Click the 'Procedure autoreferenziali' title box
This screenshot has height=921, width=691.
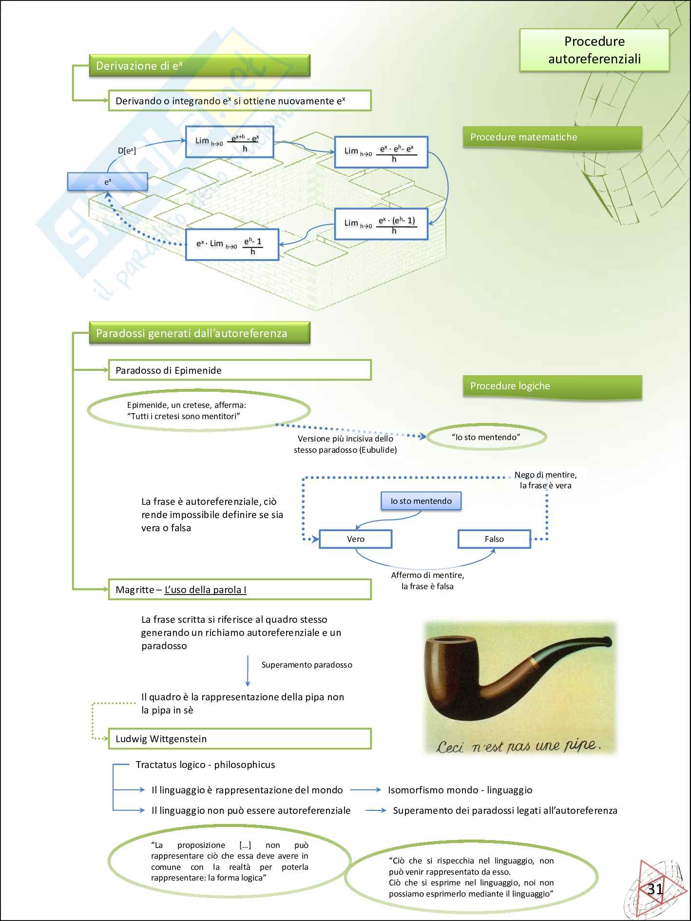[x=594, y=50]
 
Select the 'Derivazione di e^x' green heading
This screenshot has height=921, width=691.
[x=199, y=66]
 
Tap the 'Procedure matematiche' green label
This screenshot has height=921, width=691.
[x=552, y=137]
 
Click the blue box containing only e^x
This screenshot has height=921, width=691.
[x=107, y=182]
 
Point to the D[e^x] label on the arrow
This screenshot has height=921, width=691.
[x=127, y=151]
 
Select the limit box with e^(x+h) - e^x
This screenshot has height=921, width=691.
[x=230, y=142]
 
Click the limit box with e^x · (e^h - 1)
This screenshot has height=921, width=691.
[x=381, y=224]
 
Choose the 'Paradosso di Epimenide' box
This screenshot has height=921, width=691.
[x=239, y=370]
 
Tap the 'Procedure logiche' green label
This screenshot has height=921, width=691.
[x=552, y=386]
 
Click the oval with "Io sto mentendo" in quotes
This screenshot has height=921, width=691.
[x=486, y=437]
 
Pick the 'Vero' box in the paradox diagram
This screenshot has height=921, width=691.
[x=355, y=539]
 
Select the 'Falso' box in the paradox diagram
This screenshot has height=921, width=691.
[x=494, y=539]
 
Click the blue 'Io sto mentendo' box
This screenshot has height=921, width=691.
[x=421, y=501]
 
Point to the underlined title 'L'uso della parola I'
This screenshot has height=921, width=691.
[x=205, y=590]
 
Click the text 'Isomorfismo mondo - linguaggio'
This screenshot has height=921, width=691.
[x=460, y=790]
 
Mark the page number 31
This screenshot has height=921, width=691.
[x=655, y=889]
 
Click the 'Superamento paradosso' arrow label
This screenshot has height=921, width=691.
[x=307, y=665]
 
